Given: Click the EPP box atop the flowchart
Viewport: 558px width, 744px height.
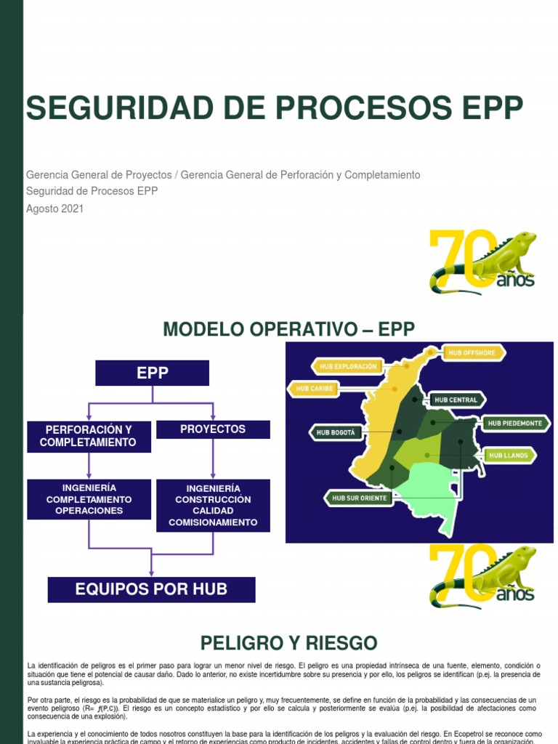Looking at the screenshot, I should pos(153,373).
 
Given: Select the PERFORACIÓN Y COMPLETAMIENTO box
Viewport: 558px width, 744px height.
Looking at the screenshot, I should pos(89,435).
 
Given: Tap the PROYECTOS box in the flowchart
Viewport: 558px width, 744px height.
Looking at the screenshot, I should pos(213,429).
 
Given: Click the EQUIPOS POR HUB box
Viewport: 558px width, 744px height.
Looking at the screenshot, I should pos(151,589).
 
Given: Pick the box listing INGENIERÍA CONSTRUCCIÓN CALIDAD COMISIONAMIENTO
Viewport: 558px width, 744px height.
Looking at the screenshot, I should pos(213,506).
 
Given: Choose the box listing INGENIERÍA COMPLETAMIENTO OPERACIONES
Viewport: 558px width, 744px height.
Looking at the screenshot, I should pos(89,499).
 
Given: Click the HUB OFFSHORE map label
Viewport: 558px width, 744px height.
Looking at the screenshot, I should pos(472,353).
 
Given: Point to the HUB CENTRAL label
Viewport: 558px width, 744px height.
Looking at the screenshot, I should pos(457,400).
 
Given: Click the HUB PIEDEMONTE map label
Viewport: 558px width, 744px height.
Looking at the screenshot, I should pos(514,423).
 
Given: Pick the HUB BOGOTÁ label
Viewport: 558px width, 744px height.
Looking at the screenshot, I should pos(336,432).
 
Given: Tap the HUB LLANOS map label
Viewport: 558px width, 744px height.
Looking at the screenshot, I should pos(509,456).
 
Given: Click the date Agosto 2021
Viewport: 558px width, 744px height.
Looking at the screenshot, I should pos(54,209).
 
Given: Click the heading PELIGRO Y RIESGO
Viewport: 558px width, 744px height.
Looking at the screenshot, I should pos(289,643).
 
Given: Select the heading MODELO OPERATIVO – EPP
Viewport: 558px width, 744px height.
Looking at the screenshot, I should pos(289,329).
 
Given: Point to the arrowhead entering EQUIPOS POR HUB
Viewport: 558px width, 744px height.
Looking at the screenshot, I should pos(151,572).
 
